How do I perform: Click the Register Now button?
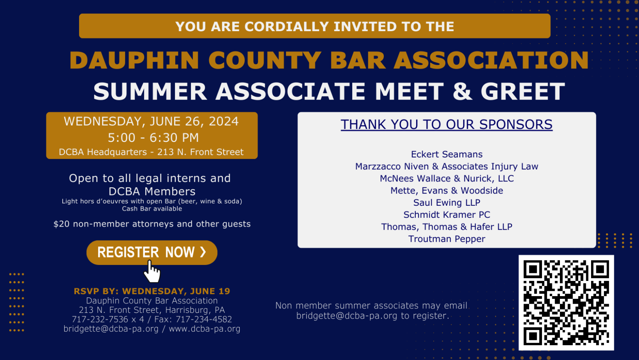click(x=152, y=253)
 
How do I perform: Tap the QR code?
click(x=566, y=302)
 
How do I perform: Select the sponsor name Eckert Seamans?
click(x=447, y=154)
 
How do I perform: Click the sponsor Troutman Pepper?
click(x=447, y=239)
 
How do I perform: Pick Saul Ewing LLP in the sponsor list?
click(x=447, y=203)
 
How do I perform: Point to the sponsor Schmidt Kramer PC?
click(x=447, y=215)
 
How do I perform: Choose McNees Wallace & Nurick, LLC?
click(x=447, y=179)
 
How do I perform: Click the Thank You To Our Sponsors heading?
click(x=447, y=125)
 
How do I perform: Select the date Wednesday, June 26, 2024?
click(x=151, y=121)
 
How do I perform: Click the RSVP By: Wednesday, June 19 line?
click(x=152, y=291)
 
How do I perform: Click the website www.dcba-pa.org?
click(x=204, y=329)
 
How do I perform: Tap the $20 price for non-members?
click(x=62, y=224)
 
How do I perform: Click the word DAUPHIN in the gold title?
click(x=134, y=60)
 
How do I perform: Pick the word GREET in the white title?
click(x=523, y=91)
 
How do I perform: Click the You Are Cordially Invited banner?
click(x=315, y=26)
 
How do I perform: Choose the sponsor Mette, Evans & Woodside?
click(x=447, y=191)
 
